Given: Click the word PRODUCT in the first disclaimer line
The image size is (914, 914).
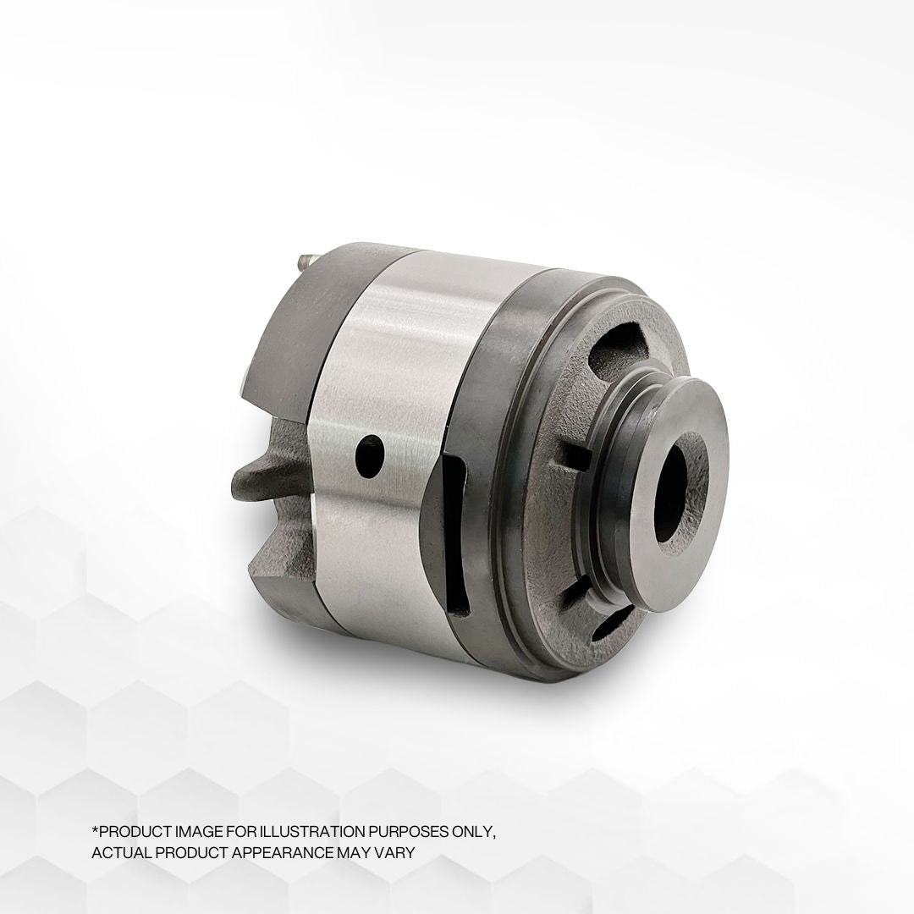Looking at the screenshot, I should pyautogui.click(x=130, y=831).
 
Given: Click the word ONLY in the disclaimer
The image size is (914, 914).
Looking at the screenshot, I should pyautogui.click(x=475, y=831).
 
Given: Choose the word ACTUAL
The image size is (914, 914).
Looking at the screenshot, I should pyautogui.click(x=118, y=852).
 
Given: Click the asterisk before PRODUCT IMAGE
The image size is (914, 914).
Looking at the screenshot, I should pyautogui.click(x=94, y=829).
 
